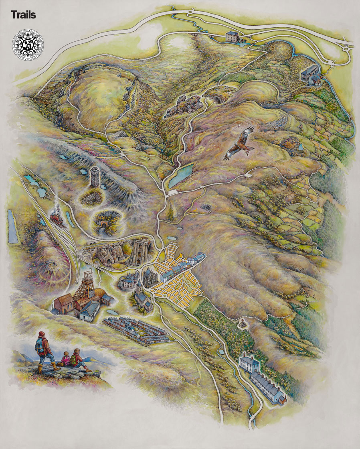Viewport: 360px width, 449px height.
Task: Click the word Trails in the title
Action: click(x=24, y=15)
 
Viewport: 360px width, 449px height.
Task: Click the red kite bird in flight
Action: click(x=240, y=144)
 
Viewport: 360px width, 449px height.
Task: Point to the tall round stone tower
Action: click(x=95, y=177)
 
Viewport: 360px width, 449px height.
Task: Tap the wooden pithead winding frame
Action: click(x=87, y=286)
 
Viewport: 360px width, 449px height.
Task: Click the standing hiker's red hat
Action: click(x=42, y=334)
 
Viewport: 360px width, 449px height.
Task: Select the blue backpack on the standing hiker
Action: click(x=40, y=344)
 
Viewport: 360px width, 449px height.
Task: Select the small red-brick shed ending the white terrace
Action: click(x=283, y=400)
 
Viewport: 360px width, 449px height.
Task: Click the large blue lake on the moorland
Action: click(x=181, y=175)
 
